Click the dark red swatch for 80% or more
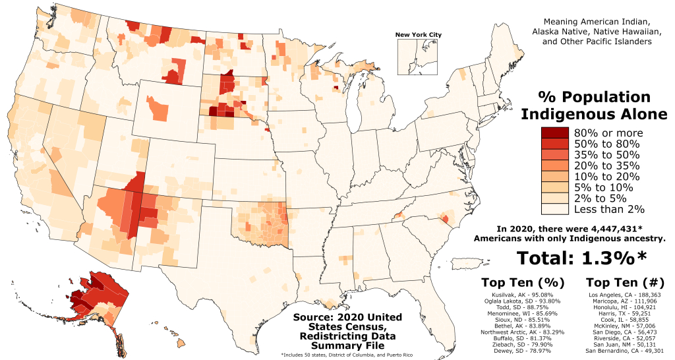pos(554,133)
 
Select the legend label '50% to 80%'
pos(606,144)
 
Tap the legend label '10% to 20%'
pos(606,176)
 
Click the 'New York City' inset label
pos(418,35)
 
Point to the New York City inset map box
pos(418,56)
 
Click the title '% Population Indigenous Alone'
pos(595,105)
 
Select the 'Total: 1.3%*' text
pos(581,258)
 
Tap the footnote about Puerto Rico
pos(337,355)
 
